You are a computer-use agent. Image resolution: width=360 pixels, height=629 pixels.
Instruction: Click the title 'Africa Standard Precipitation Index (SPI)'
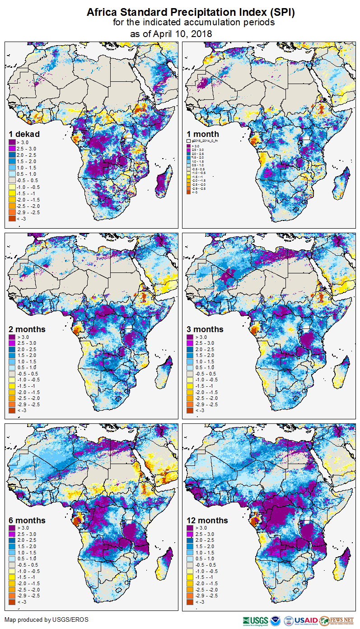coord(191,12)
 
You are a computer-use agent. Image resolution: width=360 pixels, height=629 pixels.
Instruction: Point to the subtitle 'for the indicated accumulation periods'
coord(193,23)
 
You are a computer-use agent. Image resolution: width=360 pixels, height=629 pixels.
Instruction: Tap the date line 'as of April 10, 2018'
coord(171,33)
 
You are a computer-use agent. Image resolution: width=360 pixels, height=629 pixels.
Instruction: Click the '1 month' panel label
coord(203,134)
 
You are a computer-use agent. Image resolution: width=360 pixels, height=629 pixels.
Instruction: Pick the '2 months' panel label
coord(27,329)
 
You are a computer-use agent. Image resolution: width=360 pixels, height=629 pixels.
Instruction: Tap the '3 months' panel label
coord(205,329)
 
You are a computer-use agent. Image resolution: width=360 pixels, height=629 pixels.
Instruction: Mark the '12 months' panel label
coord(207,520)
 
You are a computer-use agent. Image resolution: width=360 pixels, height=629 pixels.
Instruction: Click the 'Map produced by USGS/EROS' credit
coord(47,620)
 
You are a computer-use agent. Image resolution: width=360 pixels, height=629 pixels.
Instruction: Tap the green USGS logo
coord(255,620)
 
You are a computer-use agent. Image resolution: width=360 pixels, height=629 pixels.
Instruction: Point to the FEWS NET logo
coord(336,620)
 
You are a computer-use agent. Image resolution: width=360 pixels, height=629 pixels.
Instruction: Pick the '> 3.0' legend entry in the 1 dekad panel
coord(21,142)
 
